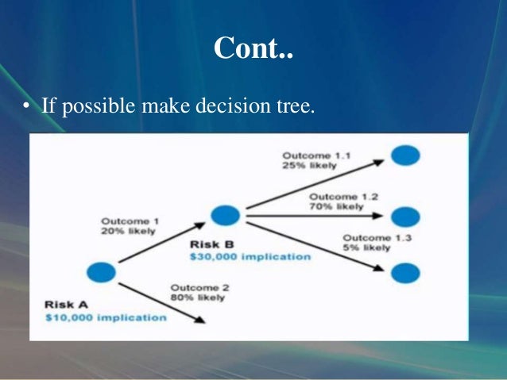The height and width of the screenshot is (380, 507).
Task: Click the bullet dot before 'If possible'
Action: click(x=25, y=108)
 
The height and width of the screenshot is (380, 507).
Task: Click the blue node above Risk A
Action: click(x=102, y=272)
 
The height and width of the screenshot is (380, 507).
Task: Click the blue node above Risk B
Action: click(x=225, y=214)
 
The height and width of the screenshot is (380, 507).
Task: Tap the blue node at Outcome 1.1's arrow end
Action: click(x=405, y=156)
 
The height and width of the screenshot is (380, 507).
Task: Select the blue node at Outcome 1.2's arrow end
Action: click(x=405, y=217)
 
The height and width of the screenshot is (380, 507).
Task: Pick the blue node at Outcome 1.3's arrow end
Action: click(x=405, y=274)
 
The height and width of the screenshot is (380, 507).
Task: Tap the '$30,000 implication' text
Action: click(x=250, y=257)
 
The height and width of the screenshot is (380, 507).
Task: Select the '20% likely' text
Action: click(x=128, y=232)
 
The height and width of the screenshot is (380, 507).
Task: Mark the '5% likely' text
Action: click(x=366, y=248)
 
